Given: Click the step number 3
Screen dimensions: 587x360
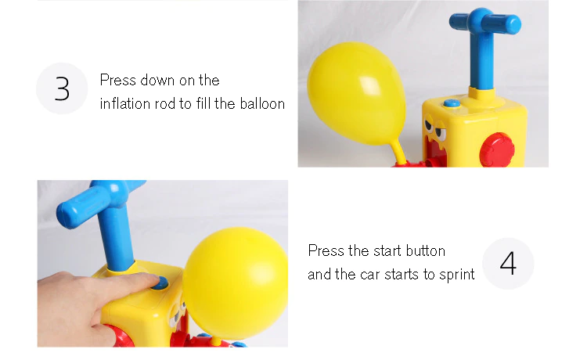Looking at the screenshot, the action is coord(62,88).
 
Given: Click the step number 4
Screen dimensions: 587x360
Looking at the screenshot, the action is coord(508,264).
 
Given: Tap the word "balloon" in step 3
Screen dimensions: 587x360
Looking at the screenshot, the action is coord(262,103).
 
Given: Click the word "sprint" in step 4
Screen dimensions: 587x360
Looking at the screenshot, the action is coord(457,275).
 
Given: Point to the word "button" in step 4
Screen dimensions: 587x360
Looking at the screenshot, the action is coord(426,250).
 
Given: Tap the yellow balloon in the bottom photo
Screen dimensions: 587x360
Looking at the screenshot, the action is coord(235,283).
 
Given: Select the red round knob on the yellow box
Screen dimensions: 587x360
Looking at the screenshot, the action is coord(497,150).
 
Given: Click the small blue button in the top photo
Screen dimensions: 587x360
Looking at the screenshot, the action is coord(452,103).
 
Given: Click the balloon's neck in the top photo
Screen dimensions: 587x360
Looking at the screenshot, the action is coord(399,152).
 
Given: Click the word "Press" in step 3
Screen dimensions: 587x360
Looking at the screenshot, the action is coord(118,80).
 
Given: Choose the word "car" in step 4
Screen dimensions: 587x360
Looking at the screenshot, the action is coord(370,275).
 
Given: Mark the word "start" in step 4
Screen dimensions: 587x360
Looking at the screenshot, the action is coord(387,250).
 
